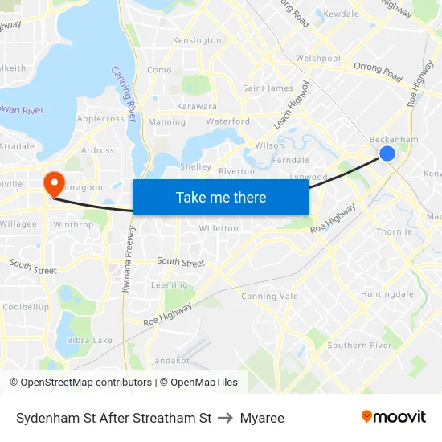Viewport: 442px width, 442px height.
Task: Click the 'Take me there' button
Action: (x=221, y=198)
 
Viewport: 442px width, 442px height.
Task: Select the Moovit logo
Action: (x=394, y=417)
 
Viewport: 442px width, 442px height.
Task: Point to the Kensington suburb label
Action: (x=197, y=40)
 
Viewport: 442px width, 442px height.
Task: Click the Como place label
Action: (x=159, y=70)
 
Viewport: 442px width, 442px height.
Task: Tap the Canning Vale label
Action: (x=269, y=297)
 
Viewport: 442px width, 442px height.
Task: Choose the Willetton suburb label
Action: (x=219, y=229)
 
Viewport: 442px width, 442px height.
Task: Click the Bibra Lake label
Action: (x=91, y=341)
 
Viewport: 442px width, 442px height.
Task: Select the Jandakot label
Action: (x=170, y=361)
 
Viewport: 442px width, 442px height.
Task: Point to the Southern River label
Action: (x=359, y=346)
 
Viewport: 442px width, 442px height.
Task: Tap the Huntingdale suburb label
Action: (x=387, y=294)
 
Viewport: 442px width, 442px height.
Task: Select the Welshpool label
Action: (x=318, y=59)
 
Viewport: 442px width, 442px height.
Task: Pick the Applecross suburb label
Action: (x=100, y=119)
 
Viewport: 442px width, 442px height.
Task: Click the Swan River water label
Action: (x=22, y=109)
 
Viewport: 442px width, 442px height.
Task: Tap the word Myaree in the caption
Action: (x=262, y=418)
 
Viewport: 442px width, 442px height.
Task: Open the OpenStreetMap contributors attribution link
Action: (x=86, y=383)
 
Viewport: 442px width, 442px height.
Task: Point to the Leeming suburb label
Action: (x=169, y=285)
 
